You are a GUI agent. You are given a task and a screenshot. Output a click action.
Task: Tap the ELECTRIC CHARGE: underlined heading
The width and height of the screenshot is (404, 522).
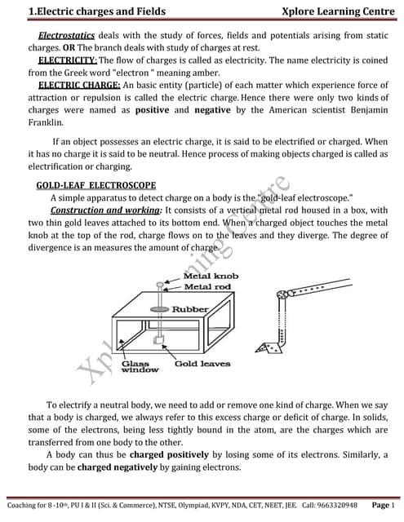[x=78, y=85]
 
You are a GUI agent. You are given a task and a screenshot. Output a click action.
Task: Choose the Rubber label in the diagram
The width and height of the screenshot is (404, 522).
[x=189, y=310]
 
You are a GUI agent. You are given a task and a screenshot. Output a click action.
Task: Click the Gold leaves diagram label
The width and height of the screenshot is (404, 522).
[x=202, y=363]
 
